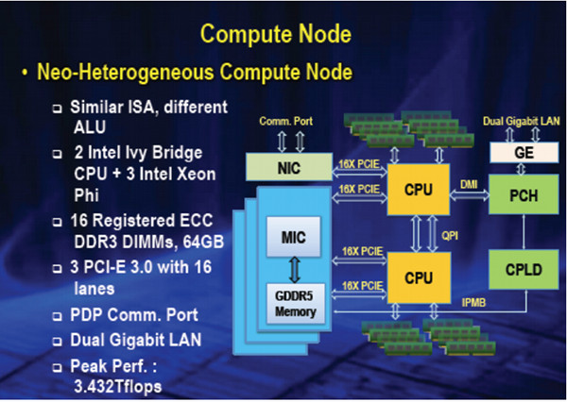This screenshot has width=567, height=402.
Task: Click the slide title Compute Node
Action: click(276, 34)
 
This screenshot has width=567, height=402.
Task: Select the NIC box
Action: click(289, 167)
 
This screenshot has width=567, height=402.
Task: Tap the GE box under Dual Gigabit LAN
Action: click(524, 153)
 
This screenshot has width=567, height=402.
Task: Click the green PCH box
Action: click(524, 194)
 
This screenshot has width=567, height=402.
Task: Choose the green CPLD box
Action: click(524, 269)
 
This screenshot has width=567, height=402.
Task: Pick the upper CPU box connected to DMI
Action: click(419, 190)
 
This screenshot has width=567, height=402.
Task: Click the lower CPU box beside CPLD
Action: click(419, 277)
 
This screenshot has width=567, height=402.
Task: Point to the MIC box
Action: click(293, 237)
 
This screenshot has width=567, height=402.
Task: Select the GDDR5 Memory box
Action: click(296, 304)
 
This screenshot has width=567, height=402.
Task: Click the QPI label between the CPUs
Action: click(450, 236)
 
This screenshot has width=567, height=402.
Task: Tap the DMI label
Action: click(469, 185)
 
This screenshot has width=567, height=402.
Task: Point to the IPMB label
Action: click(473, 302)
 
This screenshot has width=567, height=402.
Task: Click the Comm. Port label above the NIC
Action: click(285, 121)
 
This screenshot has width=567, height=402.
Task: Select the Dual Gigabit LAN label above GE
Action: click(521, 122)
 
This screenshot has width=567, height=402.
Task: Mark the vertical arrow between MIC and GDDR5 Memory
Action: click(295, 270)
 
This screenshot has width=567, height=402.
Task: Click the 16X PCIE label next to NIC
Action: click(359, 164)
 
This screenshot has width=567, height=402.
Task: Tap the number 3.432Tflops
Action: click(117, 386)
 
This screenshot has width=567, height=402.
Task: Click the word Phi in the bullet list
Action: click(86, 195)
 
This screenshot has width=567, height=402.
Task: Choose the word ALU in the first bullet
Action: click(90, 127)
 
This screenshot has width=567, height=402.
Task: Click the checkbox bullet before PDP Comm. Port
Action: click(57, 317)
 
